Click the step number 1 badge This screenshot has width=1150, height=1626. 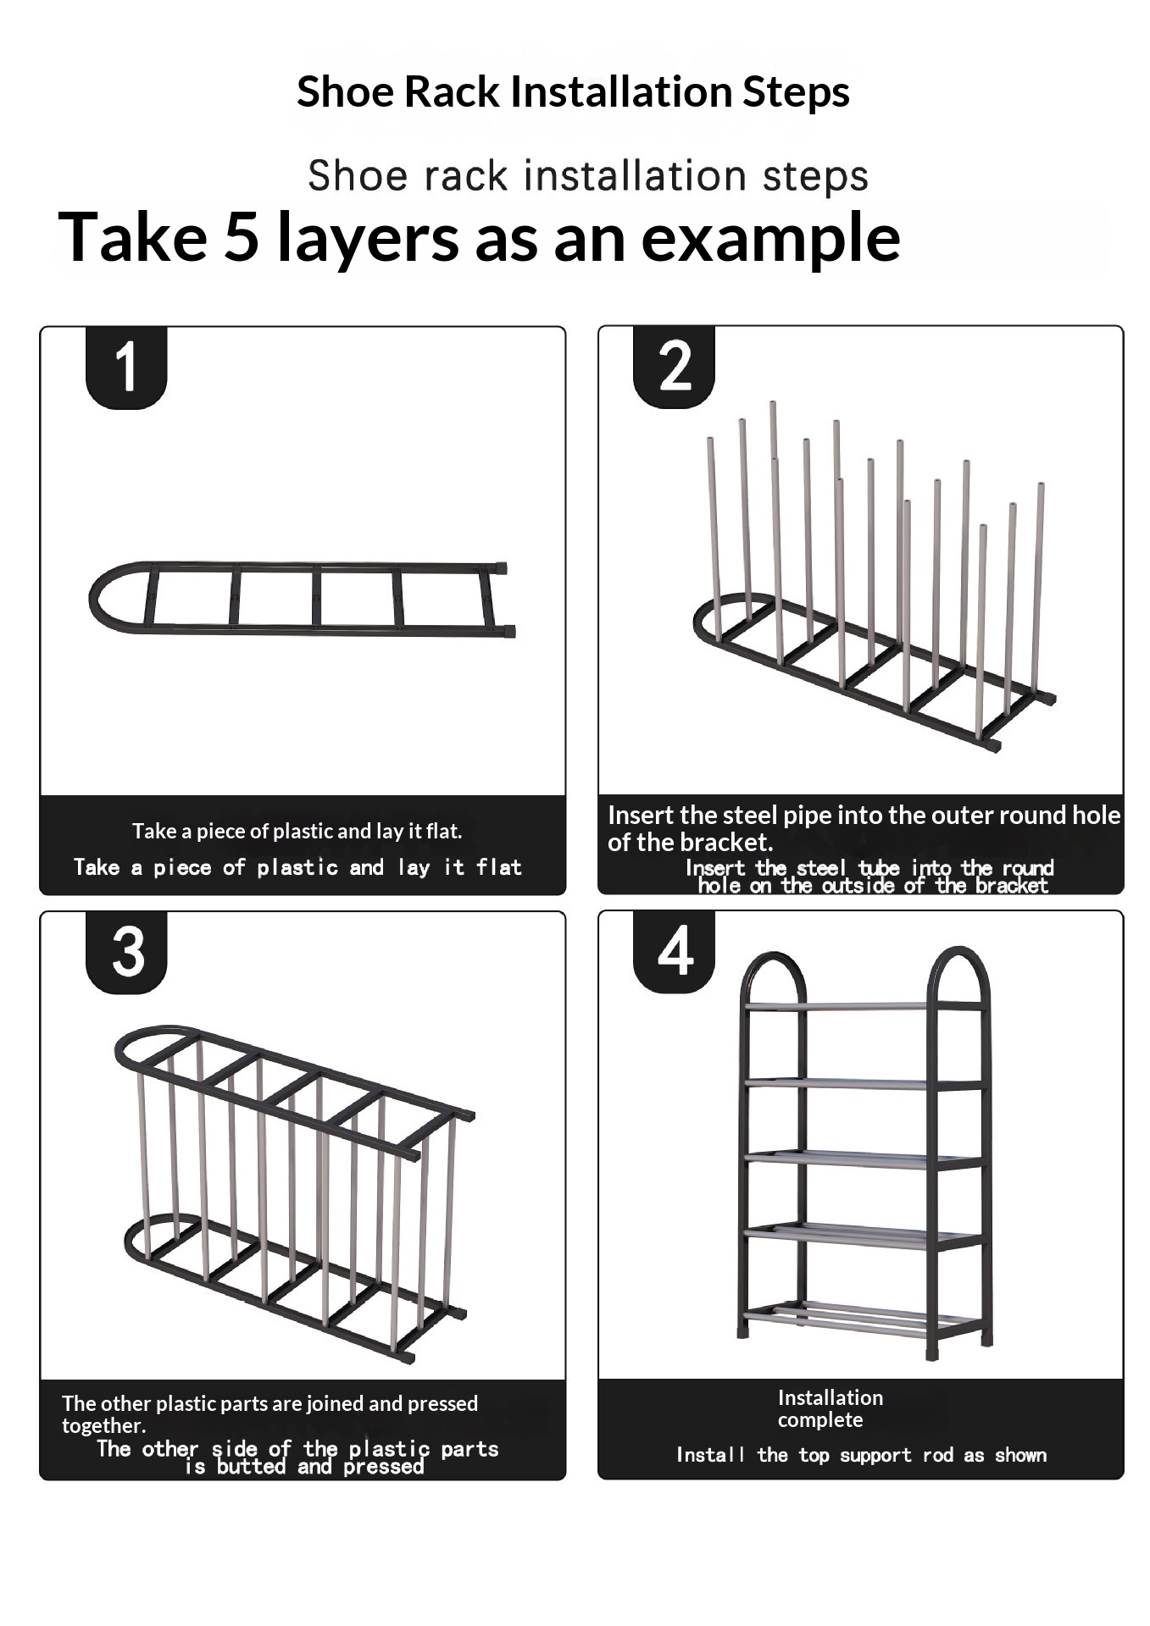pos(126,367)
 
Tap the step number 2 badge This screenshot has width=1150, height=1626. pos(674,366)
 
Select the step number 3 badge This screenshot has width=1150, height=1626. pos(126,952)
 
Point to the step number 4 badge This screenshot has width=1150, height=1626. pos(674,951)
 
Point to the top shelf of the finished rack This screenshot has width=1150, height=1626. pos(863,1006)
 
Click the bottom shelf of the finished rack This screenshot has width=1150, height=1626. pos(863,1318)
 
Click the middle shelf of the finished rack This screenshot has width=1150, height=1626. pos(863,1159)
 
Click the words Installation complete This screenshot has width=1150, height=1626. pos(830,1408)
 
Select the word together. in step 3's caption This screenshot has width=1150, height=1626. pos(103,1426)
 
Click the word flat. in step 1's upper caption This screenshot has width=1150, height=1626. pos(442,832)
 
